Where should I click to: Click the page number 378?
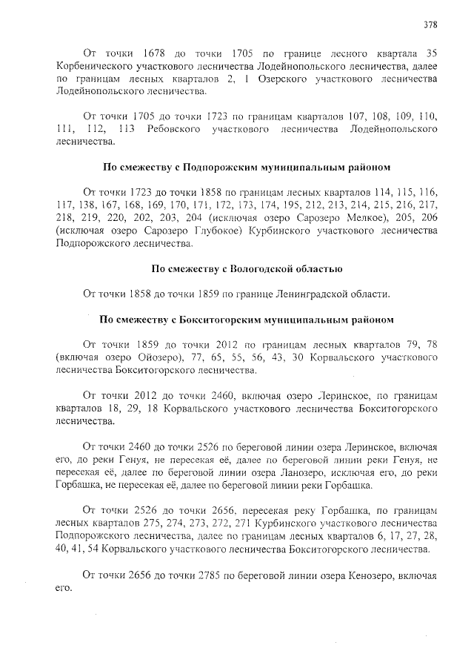(x=430, y=23)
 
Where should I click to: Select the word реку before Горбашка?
(x=307, y=510)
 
